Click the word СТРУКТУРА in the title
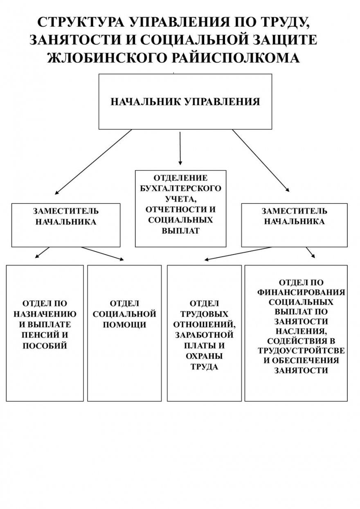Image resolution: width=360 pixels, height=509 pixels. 81,23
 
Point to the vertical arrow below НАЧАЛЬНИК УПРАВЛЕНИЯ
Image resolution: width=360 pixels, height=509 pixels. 180,149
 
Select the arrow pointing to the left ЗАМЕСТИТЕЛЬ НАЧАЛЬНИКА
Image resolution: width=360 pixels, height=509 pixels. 93,162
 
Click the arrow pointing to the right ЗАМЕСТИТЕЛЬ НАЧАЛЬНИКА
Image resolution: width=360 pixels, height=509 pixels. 261,161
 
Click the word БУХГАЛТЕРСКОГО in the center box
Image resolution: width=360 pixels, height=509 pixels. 180,188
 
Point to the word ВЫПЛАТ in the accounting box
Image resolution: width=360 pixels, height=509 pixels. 180,231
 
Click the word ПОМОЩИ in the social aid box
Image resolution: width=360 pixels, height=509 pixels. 124,325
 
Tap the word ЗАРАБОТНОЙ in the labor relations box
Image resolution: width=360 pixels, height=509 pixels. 204,335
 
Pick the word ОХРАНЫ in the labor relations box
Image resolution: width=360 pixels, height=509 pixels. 204,356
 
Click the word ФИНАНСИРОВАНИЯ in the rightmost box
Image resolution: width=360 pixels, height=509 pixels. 301,292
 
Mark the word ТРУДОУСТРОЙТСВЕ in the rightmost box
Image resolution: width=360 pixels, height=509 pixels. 301,351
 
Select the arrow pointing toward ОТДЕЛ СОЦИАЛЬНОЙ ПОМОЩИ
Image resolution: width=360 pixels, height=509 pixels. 102,253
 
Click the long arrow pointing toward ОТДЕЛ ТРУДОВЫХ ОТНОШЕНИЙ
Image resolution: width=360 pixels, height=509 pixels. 238,254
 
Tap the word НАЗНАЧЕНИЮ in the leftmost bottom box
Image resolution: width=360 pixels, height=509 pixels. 45,314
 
